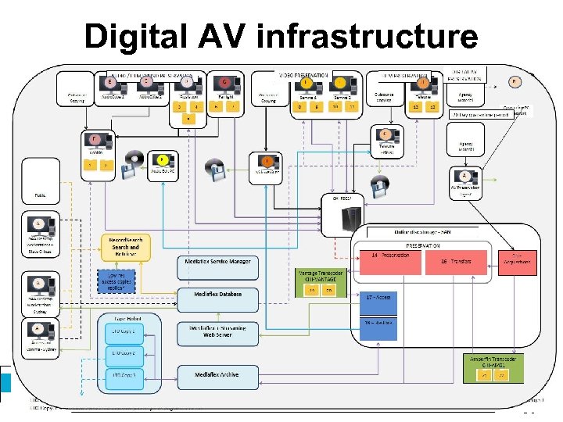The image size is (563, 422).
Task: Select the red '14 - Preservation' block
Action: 389,260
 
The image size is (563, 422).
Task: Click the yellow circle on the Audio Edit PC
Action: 163,159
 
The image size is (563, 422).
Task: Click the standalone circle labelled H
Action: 515,81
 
